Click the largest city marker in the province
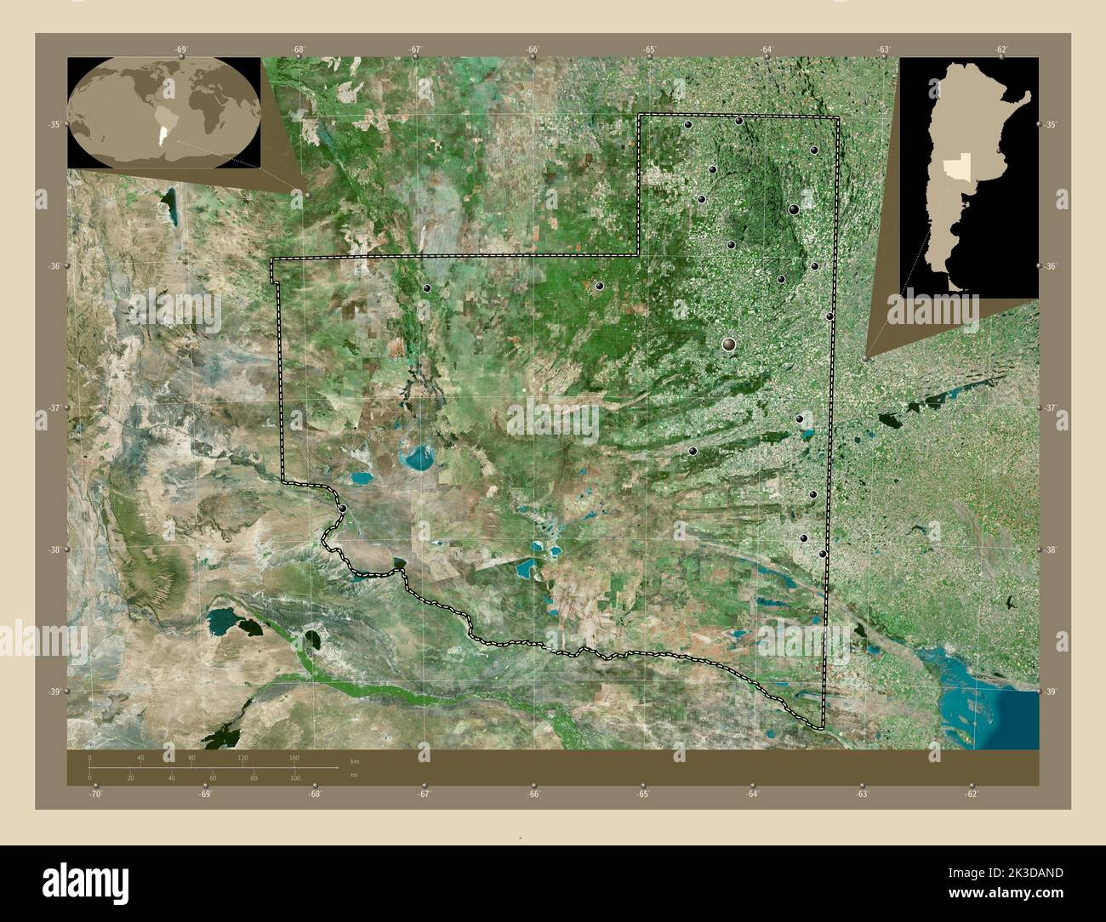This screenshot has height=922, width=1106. click(x=729, y=344)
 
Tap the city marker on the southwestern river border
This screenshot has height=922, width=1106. click(x=342, y=509)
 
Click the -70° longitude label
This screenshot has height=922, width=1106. click(x=95, y=794)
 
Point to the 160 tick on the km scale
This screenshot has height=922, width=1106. click(x=294, y=757)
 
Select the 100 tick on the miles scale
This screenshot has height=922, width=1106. click(x=294, y=777)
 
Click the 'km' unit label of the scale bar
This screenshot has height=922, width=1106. click(x=354, y=759)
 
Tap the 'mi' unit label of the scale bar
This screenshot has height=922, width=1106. click(x=354, y=776)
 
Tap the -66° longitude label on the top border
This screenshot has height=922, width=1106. click(x=533, y=49)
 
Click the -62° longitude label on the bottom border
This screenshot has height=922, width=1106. click(x=972, y=794)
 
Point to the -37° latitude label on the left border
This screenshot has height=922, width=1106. click(x=53, y=408)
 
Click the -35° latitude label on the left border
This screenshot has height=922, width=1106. click(x=53, y=125)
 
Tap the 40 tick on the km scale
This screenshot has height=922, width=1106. click(x=140, y=757)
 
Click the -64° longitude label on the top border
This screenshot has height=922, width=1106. click(x=767, y=49)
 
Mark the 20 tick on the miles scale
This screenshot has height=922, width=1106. click(x=130, y=777)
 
